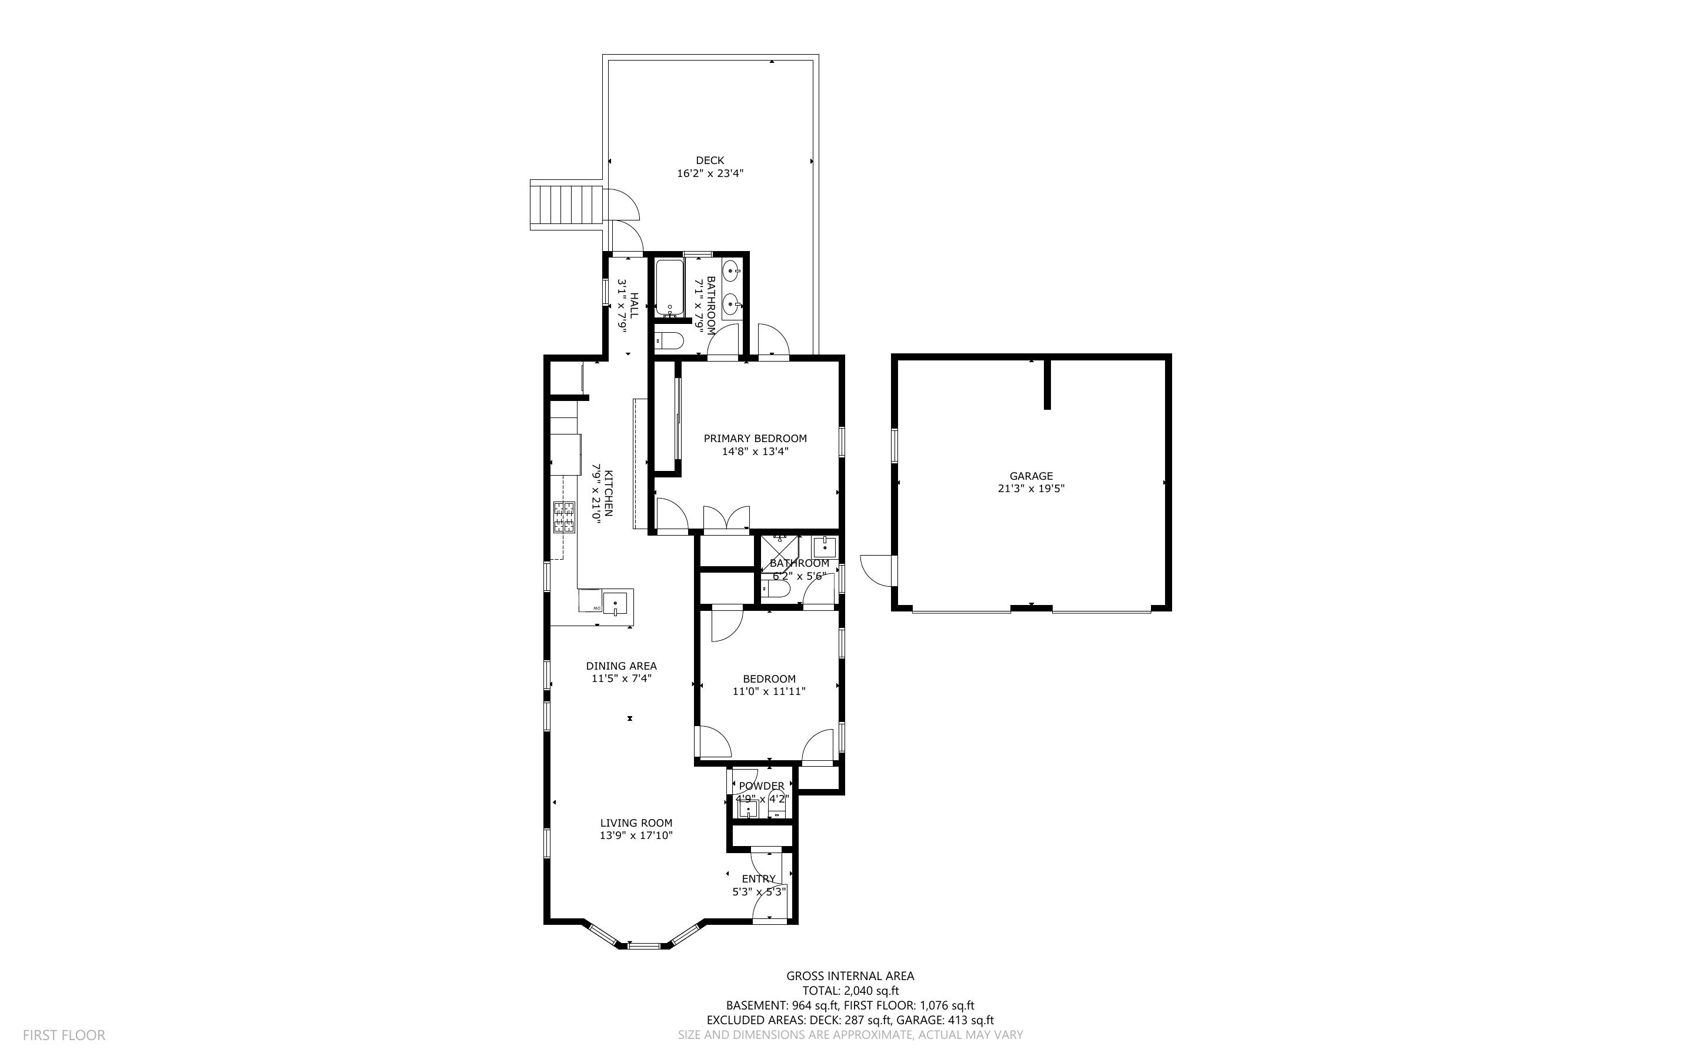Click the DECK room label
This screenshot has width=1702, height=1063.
coord(710,161)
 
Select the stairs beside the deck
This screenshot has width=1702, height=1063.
coord(566,205)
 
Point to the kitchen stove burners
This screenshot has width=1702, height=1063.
coord(564,517)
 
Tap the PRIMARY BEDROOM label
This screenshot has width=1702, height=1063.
coord(755,438)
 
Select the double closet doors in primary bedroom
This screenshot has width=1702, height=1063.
coord(727,519)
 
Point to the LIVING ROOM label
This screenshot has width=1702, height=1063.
coord(636,823)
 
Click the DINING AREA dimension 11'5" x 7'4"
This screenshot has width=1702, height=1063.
coord(622,678)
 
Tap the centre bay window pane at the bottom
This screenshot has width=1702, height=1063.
coord(645,945)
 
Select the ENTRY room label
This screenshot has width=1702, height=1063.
coord(759,879)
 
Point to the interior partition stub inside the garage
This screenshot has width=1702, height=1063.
coord(1047,384)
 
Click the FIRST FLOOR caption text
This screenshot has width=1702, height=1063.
coord(64,1035)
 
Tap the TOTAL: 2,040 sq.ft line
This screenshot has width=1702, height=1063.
coord(850,991)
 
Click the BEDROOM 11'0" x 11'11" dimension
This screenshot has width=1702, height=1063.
coord(769,691)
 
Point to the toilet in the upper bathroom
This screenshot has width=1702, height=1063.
coord(669,342)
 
